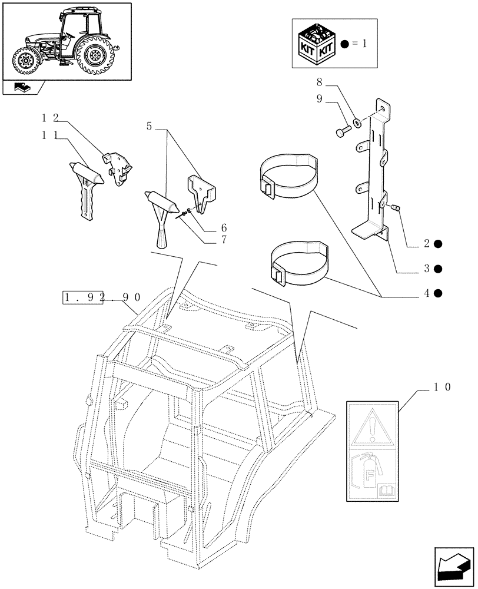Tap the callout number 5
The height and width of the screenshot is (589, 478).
point(149,126)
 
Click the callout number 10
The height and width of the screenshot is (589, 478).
point(442,387)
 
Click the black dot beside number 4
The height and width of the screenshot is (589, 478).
point(437,293)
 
